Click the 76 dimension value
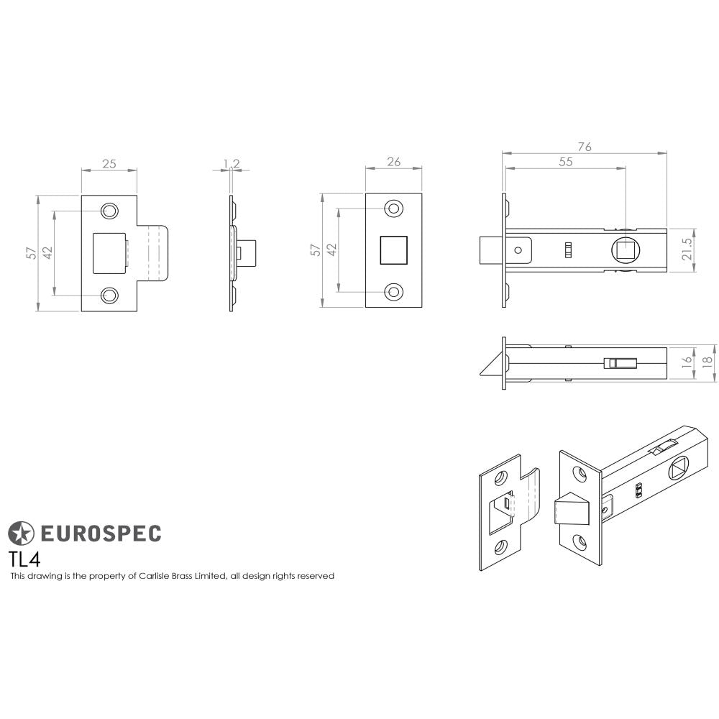585,147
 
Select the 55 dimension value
565,162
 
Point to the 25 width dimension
109,164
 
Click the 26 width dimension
393,162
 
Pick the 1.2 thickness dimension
231,164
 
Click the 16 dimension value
688,362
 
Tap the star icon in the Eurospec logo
21,533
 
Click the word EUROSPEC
100,533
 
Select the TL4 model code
24,559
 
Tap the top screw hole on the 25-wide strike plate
109,211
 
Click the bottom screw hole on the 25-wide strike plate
109,295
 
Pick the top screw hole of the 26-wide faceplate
393,209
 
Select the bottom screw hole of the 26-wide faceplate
393,292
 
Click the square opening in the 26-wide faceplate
393,250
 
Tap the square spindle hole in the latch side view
625,251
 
